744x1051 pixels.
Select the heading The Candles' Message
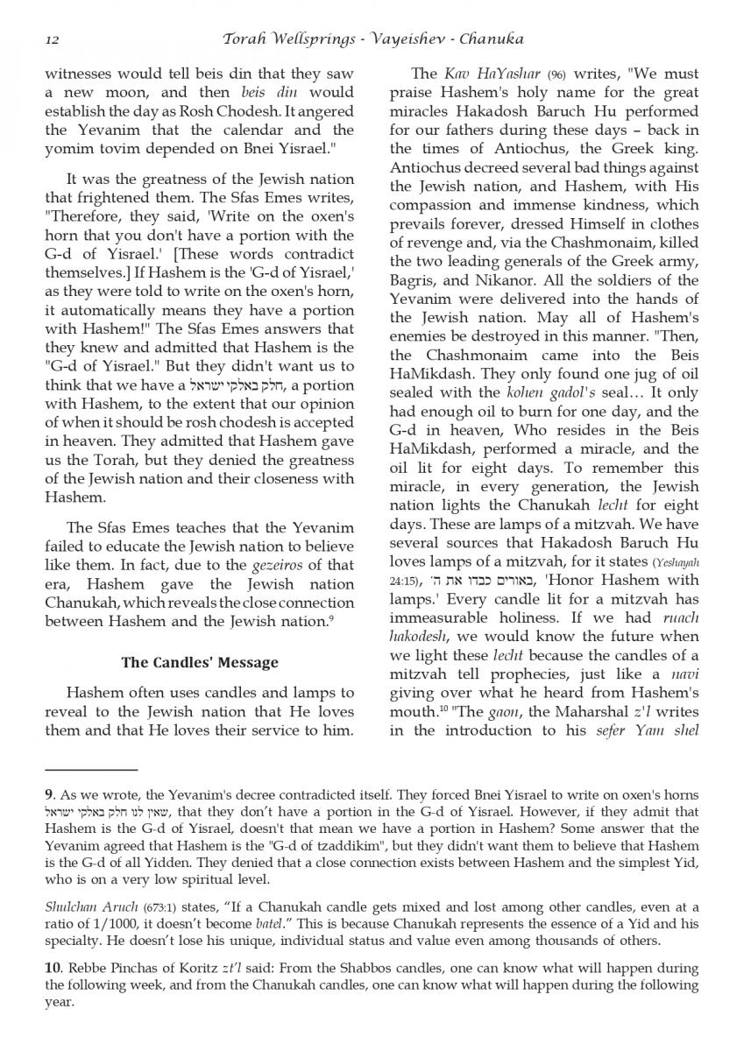click(x=200, y=662)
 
